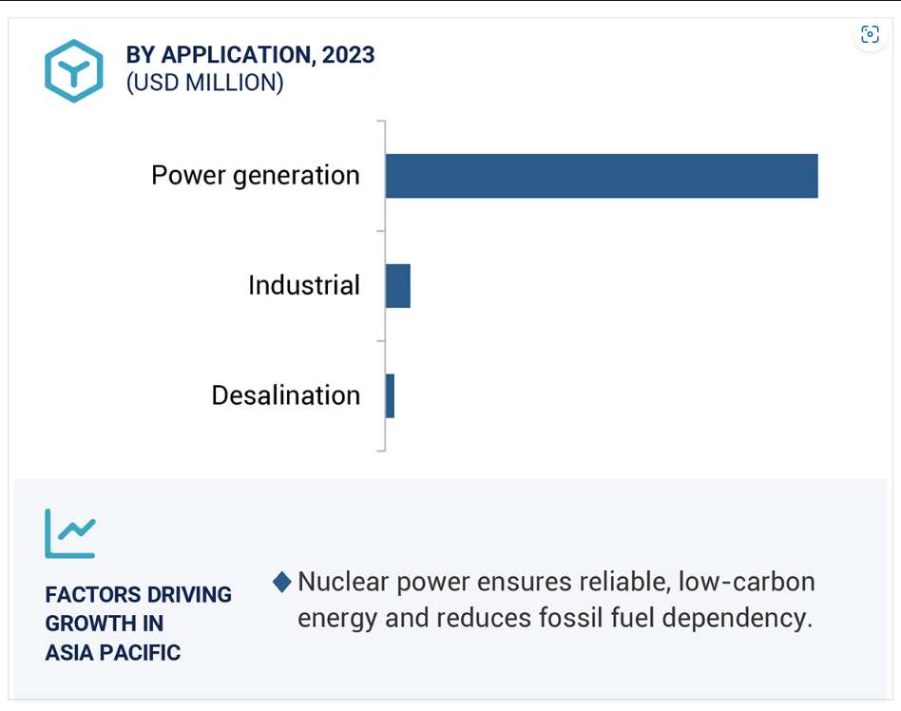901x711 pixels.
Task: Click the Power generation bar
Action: (602, 176)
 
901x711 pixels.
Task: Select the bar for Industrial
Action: (397, 286)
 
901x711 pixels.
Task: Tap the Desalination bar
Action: (390, 396)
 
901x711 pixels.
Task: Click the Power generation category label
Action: (256, 176)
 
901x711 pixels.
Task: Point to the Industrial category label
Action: (304, 285)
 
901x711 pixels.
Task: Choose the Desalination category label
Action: (285, 395)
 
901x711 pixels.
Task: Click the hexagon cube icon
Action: (74, 70)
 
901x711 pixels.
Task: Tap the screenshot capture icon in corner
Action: (870, 34)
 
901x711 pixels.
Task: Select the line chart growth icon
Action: (70, 533)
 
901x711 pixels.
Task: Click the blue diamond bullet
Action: (282, 582)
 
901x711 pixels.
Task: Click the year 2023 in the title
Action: (348, 55)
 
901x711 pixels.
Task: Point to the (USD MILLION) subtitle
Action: (204, 83)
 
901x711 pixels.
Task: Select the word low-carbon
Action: (747, 582)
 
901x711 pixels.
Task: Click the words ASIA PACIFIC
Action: (113, 653)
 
